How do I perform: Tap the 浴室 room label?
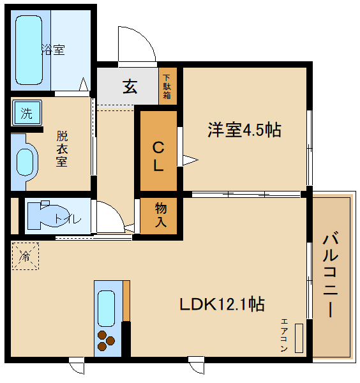(53, 50)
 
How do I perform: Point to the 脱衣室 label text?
(62, 148)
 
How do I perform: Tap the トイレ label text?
(68, 219)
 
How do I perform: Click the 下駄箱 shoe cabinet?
(167, 86)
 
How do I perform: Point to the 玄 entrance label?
(130, 86)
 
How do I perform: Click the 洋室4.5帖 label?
(244, 130)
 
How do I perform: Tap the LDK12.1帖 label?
(221, 303)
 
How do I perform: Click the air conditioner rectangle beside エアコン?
(299, 338)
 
